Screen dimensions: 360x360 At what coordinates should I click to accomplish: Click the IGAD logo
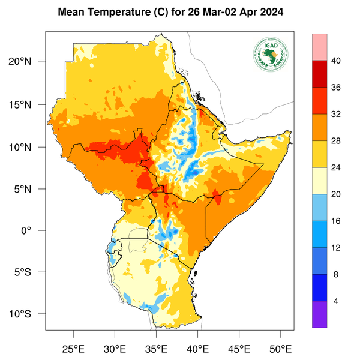(271, 54)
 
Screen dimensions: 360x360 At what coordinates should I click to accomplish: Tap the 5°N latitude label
(29, 189)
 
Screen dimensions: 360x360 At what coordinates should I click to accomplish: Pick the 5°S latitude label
(29, 272)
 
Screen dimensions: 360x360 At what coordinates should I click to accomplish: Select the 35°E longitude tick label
(156, 348)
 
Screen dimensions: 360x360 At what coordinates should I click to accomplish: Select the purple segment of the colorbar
(319, 314)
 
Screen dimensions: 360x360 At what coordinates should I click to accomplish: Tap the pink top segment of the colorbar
(319, 47)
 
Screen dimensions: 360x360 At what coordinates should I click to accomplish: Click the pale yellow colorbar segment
(319, 181)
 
